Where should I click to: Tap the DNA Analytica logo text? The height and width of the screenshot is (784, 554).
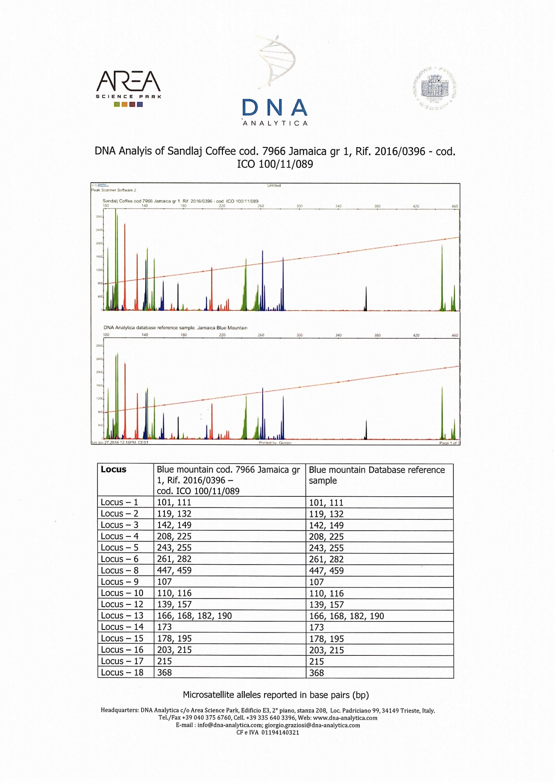pyautogui.click(x=275, y=112)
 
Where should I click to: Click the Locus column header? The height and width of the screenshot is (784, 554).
pyautogui.click(x=113, y=470)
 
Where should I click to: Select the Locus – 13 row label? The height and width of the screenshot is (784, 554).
pyautogui.click(x=122, y=616)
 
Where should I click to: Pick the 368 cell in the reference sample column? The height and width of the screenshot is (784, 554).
pyautogui.click(x=316, y=673)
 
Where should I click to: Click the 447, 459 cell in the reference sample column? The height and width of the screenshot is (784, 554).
pyautogui.click(x=326, y=570)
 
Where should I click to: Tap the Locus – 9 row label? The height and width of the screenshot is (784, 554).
pyautogui.click(x=119, y=582)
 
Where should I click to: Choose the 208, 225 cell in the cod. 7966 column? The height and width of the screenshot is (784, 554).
pyautogui.click(x=174, y=536)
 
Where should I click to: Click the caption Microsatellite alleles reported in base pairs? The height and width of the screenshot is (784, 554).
pyautogui.click(x=276, y=695)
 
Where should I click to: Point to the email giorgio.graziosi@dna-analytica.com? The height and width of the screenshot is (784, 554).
pyautogui.click(x=312, y=725)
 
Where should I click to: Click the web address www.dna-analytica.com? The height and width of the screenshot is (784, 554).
pyautogui.click(x=345, y=718)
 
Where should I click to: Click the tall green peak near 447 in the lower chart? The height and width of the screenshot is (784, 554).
pyautogui.click(x=442, y=413)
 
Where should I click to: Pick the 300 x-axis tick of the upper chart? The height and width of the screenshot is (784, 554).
pyautogui.click(x=299, y=206)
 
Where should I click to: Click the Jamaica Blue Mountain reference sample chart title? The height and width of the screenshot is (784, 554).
pyautogui.click(x=175, y=328)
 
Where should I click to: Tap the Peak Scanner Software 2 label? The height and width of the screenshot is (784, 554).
pyautogui.click(x=113, y=190)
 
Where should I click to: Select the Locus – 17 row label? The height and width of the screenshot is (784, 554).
pyautogui.click(x=122, y=661)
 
